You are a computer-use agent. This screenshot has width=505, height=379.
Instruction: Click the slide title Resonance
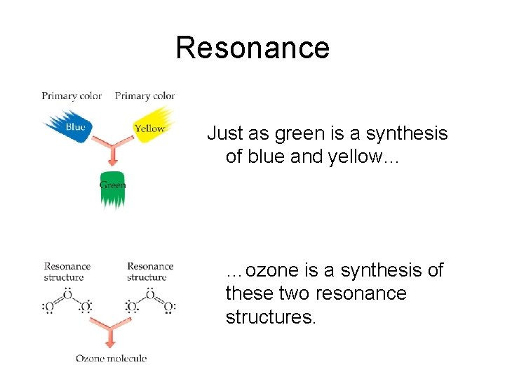pos(252,48)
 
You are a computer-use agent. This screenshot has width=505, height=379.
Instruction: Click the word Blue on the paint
pos(75,127)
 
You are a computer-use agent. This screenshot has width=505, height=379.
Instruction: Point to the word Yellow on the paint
pos(149,128)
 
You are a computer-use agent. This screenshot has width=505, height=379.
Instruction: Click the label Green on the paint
pos(112,185)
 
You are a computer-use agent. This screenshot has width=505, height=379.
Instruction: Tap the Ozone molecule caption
pos(112,359)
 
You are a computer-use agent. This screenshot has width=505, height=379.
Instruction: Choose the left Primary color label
pos(72,95)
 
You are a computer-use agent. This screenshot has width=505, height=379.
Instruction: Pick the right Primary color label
pos(144,95)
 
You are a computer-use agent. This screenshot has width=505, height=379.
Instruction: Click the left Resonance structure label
pos(67,272)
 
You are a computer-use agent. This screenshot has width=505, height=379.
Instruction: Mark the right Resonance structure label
pos(150,272)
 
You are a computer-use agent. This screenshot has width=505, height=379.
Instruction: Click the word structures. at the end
pos(271,318)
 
